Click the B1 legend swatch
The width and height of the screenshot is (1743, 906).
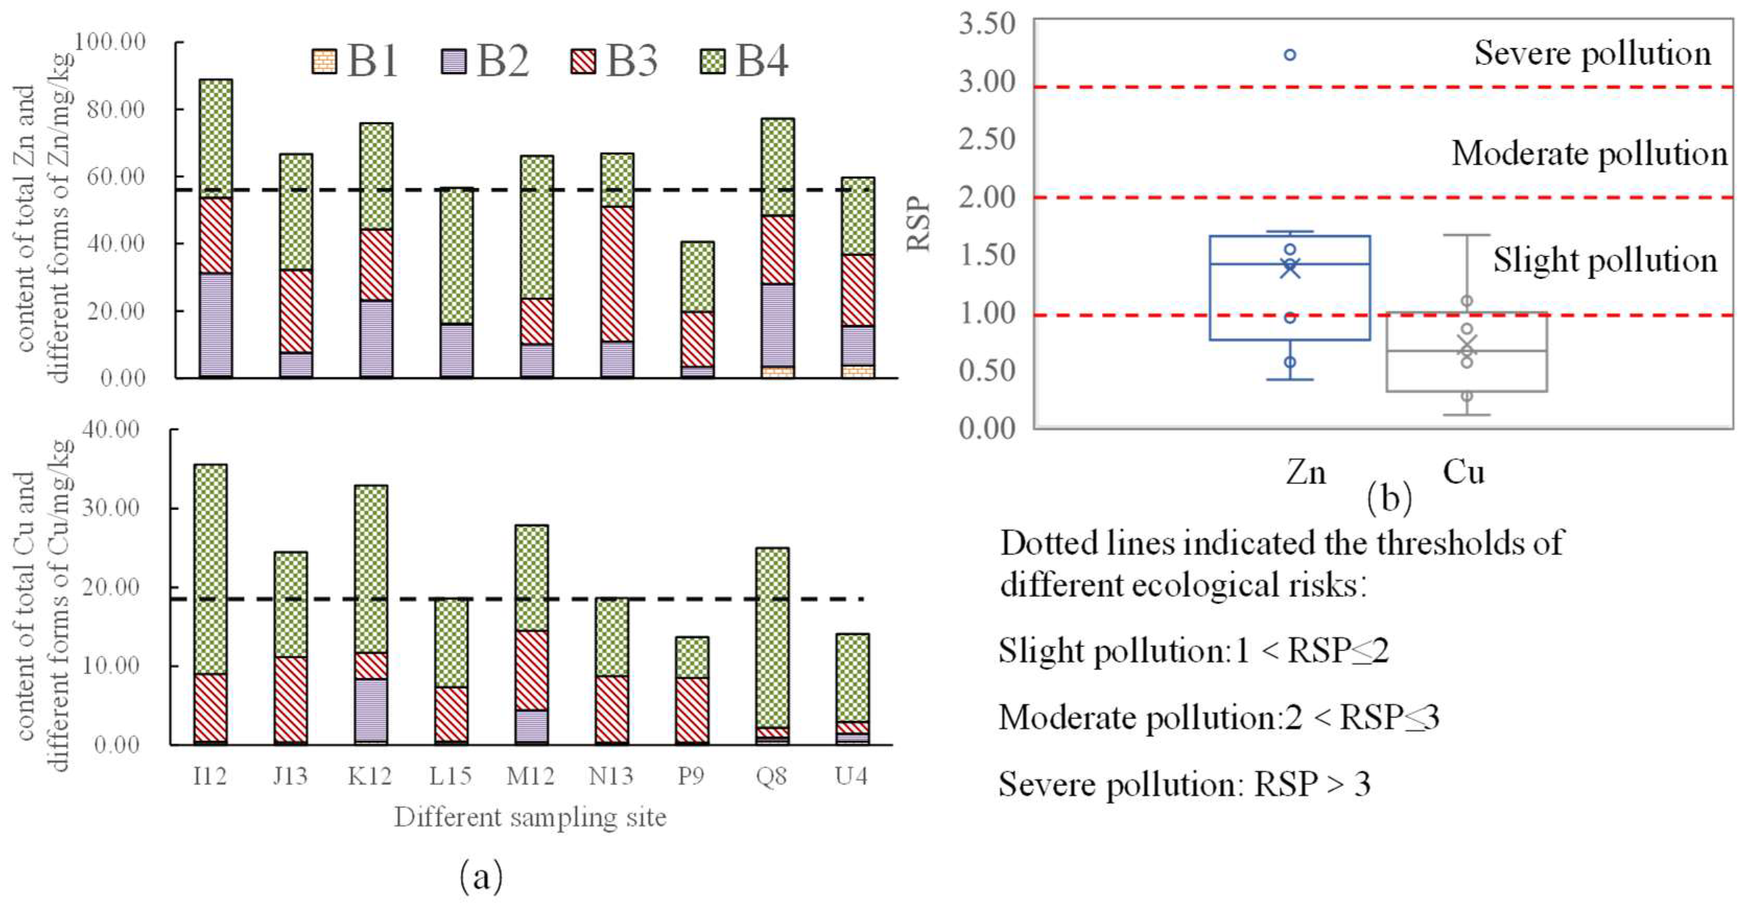pyautogui.click(x=324, y=62)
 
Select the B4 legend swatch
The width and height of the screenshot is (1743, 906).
pyautogui.click(x=712, y=62)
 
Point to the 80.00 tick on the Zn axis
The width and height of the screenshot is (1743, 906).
pyautogui.click(x=116, y=110)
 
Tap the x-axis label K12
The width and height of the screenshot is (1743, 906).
pyautogui.click(x=370, y=775)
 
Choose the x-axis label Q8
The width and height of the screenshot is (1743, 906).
pyautogui.click(x=772, y=775)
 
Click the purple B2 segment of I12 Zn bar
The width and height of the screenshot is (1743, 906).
pyautogui.click(x=216, y=325)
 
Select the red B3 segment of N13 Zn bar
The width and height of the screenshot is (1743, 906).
pyautogui.click(x=617, y=274)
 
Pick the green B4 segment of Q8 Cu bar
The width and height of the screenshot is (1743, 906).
pyautogui.click(x=772, y=636)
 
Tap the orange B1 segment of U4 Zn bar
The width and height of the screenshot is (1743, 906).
pyautogui.click(x=858, y=371)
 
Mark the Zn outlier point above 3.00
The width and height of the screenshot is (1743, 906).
pyautogui.click(x=1290, y=55)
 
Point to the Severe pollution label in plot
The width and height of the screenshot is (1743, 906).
pyautogui.click(x=1592, y=53)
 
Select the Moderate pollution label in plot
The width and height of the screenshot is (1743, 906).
pyautogui.click(x=1588, y=154)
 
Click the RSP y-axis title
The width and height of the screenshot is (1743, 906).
pyautogui.click(x=919, y=224)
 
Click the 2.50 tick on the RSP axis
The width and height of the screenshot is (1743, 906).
pyautogui.click(x=987, y=139)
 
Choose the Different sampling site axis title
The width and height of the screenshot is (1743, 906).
pyautogui.click(x=530, y=817)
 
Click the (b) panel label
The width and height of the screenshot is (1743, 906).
pyautogui.click(x=1389, y=499)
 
